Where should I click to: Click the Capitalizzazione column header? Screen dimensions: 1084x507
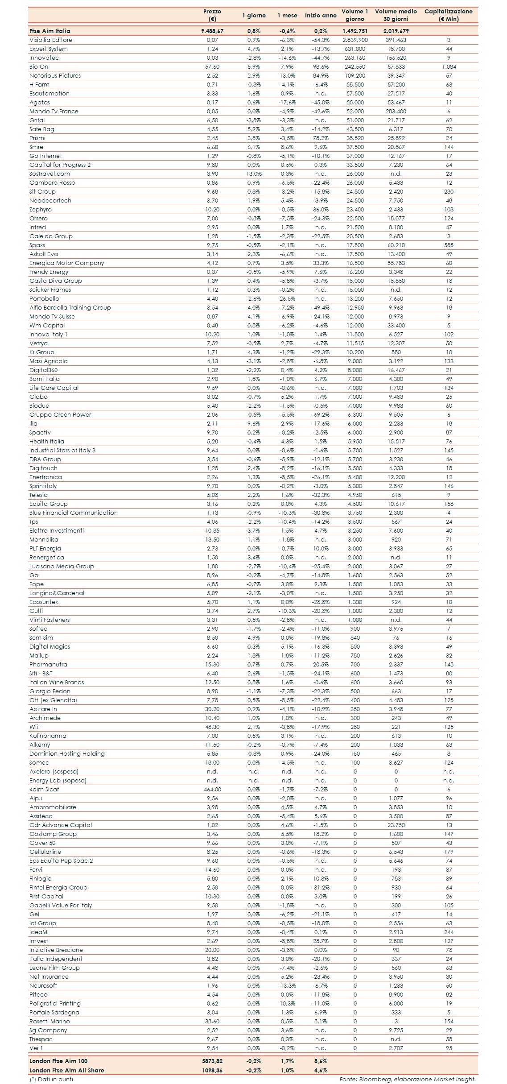click(448, 15)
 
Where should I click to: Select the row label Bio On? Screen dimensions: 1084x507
click(39, 67)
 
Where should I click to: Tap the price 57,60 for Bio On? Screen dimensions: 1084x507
click(212, 67)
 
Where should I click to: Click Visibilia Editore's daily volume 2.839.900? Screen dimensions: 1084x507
click(355, 40)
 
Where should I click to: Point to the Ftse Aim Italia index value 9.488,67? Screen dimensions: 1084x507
click(212, 31)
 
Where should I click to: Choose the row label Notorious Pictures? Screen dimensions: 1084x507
click(55, 76)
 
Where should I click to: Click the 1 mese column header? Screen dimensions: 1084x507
click(287, 16)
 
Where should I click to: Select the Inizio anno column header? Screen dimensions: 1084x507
click(321, 16)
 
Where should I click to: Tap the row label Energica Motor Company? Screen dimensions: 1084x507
click(66, 263)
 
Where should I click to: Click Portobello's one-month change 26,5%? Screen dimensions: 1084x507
click(287, 299)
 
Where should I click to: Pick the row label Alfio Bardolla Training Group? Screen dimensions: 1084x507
click(70, 308)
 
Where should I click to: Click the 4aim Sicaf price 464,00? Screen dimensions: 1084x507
click(212, 790)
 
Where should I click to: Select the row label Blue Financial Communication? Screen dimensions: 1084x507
click(74, 513)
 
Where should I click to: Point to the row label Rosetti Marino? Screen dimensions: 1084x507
click(49, 1022)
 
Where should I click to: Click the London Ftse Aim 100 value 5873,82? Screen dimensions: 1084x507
click(212, 1061)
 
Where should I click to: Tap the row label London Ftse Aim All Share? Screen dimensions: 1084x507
click(66, 1070)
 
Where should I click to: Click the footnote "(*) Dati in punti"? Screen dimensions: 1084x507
click(51, 1080)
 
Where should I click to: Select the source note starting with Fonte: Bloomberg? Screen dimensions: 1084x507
click(407, 1080)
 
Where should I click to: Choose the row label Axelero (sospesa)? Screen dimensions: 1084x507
click(54, 772)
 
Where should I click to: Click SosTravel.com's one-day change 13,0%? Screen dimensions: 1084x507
click(254, 174)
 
